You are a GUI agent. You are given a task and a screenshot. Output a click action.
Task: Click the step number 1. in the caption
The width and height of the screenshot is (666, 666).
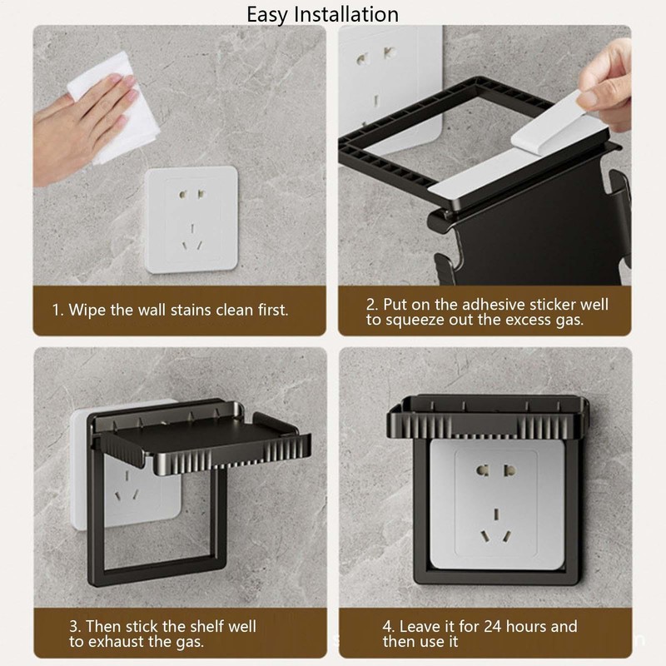(57, 310)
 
